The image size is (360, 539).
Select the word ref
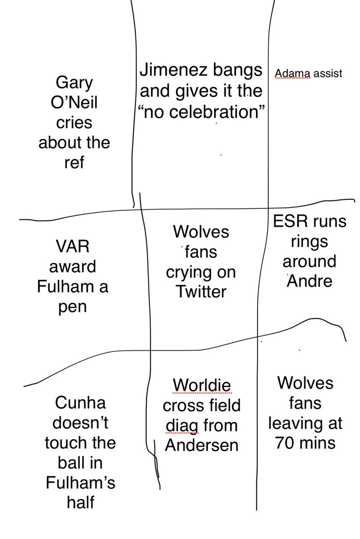point(74,163)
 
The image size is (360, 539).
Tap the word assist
point(328,73)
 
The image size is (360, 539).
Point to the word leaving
point(305,423)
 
